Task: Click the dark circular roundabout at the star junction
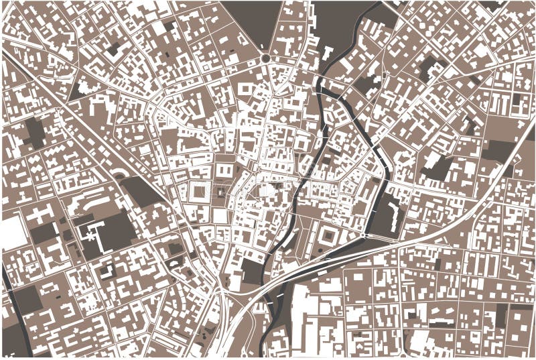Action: (266, 59)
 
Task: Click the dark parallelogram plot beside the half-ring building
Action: (141, 192)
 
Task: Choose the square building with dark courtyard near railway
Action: (328, 237)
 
